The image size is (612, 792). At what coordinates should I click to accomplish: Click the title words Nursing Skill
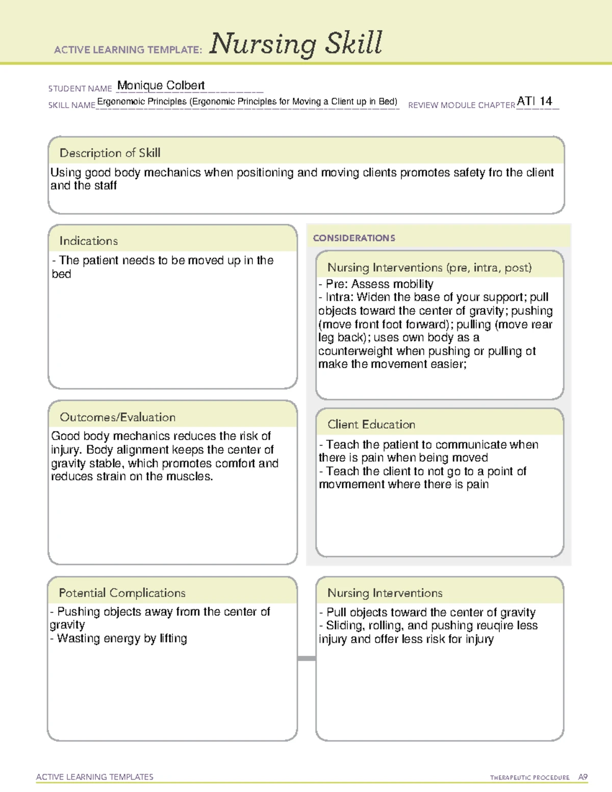(295, 43)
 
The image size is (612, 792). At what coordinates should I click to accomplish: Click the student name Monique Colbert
(161, 85)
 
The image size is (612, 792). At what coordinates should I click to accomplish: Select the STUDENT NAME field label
(80, 89)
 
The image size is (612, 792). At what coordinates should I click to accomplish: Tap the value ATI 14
(534, 101)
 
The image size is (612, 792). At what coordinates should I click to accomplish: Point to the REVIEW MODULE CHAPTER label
(461, 105)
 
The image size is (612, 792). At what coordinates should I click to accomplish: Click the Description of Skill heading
(110, 153)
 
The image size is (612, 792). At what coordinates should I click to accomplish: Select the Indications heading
(88, 241)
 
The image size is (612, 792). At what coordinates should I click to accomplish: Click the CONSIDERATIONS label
(354, 238)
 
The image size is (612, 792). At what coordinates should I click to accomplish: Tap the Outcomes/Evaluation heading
(117, 417)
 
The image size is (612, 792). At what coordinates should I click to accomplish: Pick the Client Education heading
(371, 424)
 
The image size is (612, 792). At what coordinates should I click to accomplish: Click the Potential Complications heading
(122, 593)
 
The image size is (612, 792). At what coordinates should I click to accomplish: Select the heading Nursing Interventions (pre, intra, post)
(429, 268)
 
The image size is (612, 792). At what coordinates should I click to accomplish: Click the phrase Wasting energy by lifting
(122, 638)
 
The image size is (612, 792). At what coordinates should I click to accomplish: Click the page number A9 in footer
(582, 777)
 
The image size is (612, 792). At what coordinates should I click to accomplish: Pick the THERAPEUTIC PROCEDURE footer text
(529, 778)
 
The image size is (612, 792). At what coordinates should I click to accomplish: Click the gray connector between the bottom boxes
(307, 658)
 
